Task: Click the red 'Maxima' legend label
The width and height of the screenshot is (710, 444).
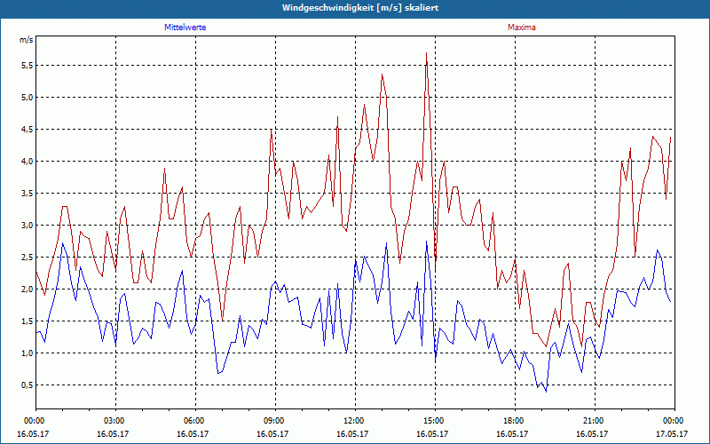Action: tap(521, 28)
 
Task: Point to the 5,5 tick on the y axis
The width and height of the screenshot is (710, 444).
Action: tap(26, 66)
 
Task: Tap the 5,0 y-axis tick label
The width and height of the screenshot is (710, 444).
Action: tap(26, 98)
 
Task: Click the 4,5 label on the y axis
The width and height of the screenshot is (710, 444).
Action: tap(26, 130)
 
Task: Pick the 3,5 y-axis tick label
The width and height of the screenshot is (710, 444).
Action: tap(26, 194)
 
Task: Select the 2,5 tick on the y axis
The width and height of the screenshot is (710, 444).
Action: tap(26, 258)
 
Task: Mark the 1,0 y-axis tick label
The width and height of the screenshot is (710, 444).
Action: tap(26, 353)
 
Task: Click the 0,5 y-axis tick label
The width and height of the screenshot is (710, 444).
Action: tap(26, 385)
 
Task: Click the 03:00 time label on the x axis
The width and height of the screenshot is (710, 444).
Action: tap(114, 420)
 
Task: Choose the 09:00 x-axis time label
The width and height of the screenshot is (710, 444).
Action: tap(274, 420)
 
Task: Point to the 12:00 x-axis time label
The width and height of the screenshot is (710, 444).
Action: tap(354, 420)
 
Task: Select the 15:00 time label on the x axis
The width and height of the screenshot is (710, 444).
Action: tap(434, 420)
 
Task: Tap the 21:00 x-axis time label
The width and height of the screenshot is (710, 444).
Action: tap(594, 420)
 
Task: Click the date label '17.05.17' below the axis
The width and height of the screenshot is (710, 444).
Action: tap(673, 433)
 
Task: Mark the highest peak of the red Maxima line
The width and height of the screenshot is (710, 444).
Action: tap(427, 52)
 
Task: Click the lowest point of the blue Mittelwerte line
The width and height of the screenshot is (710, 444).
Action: tap(546, 391)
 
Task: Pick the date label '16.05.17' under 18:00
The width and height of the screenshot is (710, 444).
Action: tap(514, 433)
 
